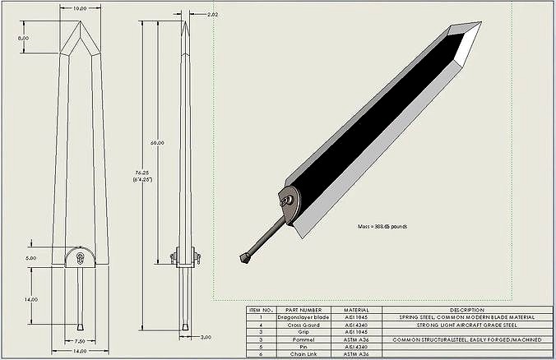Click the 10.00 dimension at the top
coord(81,8)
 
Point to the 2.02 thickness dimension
coord(213,15)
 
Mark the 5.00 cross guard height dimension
coord(31,257)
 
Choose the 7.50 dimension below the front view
coord(79,341)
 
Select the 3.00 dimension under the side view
coord(206,336)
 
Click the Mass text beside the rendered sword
coord(382,225)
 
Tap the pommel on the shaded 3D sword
coord(244,259)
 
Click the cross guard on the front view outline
coord(80,256)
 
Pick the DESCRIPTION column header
coord(467,310)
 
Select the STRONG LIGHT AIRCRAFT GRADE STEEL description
coord(467,324)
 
